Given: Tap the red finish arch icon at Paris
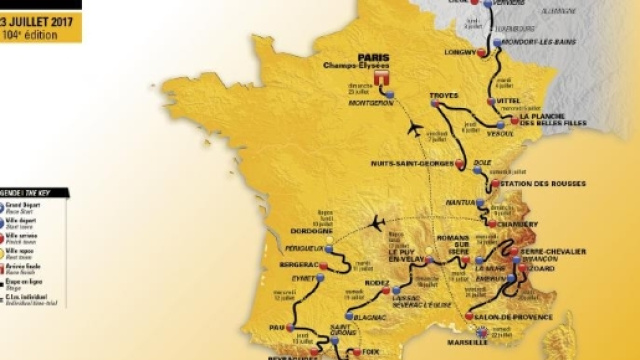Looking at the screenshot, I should pos(381,79).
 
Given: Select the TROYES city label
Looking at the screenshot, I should pos(443,95).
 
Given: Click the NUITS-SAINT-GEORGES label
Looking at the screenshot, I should pos(408,163).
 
